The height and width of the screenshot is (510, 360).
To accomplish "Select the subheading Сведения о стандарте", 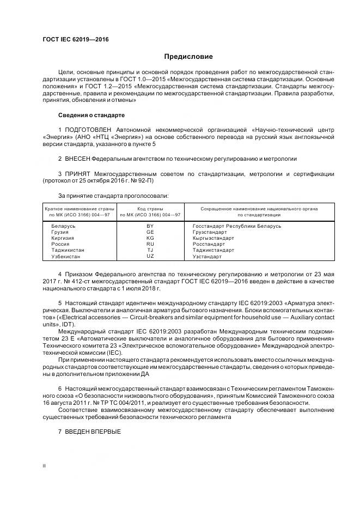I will [91, 116].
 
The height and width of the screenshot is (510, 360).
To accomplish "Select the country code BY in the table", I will [150, 226].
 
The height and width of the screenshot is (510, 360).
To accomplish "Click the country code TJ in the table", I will [150, 250].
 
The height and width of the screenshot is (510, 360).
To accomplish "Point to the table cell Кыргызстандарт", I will [213, 238].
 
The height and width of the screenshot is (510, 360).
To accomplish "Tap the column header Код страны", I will [150, 209].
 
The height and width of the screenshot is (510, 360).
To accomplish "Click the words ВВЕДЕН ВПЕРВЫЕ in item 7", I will [93, 432].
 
